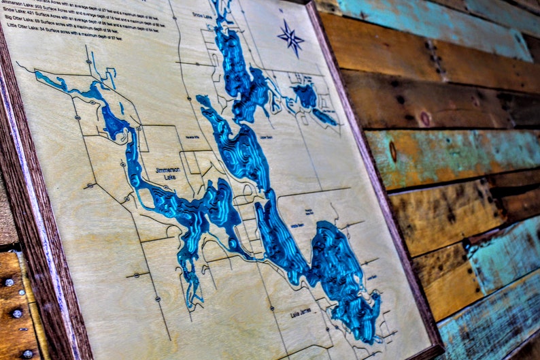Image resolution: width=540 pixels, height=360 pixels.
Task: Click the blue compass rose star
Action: tap(291, 37)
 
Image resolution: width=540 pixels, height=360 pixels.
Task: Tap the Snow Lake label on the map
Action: tap(202, 14)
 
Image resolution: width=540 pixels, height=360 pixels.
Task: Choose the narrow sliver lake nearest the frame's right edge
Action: tap(325, 117)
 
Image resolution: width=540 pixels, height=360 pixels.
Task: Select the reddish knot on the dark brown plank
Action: tap(426, 119)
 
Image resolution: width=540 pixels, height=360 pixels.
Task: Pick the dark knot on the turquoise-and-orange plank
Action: tap(392, 151)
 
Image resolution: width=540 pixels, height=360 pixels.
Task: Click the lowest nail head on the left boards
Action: tap(27, 354)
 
